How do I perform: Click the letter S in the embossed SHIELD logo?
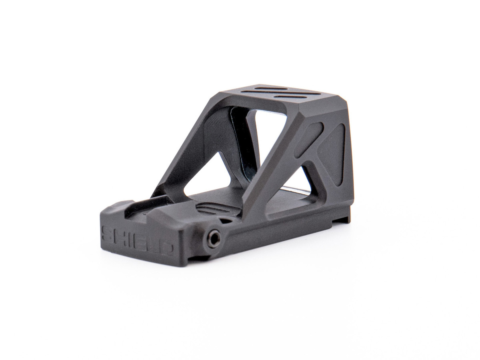(x=108, y=234)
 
